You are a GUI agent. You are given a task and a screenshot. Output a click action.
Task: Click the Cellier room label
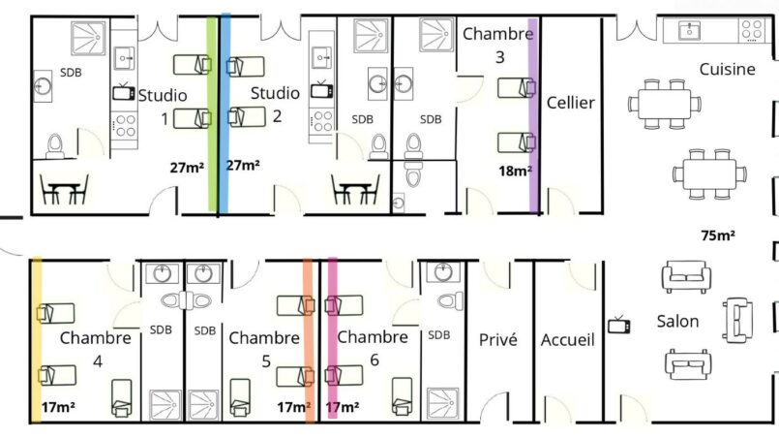click(x=570, y=103)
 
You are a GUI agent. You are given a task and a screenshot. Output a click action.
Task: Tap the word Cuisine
click(x=728, y=69)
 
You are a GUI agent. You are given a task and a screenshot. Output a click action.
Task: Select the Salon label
click(x=677, y=321)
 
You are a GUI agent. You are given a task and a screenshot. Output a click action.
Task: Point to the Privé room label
click(x=498, y=339)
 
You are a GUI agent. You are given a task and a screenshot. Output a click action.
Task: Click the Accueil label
click(x=567, y=339)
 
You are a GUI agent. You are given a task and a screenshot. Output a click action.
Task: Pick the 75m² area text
click(x=718, y=235)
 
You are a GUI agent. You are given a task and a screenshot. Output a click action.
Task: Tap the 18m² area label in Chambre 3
click(x=515, y=171)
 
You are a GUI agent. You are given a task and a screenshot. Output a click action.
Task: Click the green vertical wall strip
click(x=212, y=114)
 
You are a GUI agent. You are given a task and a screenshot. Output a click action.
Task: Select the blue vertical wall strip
click(x=225, y=113)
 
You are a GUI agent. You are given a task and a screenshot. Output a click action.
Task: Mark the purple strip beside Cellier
click(x=533, y=116)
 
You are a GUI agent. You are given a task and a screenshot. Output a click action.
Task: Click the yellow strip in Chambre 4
click(x=36, y=340)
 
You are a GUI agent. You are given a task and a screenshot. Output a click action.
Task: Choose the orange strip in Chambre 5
click(x=309, y=341)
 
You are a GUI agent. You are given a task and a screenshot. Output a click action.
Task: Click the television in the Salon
click(x=619, y=325)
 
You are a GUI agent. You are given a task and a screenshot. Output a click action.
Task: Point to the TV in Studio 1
click(x=123, y=92)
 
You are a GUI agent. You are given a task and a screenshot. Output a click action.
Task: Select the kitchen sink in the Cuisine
click(x=690, y=31)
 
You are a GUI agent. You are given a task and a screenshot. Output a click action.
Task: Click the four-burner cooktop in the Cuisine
click(x=751, y=30)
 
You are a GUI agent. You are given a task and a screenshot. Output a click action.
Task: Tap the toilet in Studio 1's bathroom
click(x=54, y=145)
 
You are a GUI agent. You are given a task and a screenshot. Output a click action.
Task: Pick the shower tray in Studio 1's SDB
click(x=88, y=38)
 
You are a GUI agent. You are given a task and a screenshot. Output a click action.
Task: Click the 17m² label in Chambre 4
click(x=58, y=407)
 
